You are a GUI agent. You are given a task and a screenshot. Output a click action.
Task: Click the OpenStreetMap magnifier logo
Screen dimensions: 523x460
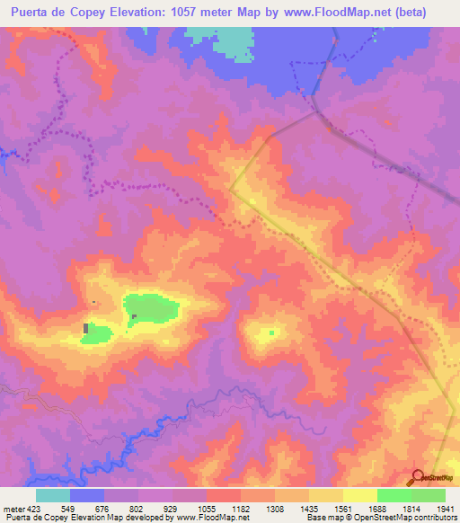(x=419, y=477)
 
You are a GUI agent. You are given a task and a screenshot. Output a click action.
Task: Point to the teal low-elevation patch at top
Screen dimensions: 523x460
(x=234, y=41)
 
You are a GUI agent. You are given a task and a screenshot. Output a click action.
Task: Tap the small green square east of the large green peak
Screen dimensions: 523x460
(x=270, y=333)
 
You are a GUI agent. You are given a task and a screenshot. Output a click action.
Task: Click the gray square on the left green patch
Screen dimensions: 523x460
(x=86, y=329)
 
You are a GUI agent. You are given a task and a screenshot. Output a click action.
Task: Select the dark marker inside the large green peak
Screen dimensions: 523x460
(x=134, y=316)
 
